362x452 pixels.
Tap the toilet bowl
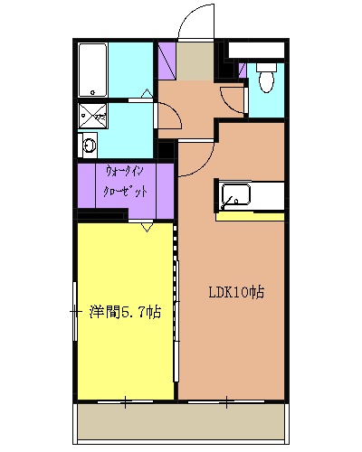click(265, 80)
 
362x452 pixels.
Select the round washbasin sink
click(89, 144)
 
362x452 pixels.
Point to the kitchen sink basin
click(236, 194)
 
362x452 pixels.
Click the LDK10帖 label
click(235, 292)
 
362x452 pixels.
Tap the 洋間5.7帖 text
click(125, 312)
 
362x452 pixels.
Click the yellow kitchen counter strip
click(251, 215)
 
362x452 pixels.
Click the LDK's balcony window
click(228, 400)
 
